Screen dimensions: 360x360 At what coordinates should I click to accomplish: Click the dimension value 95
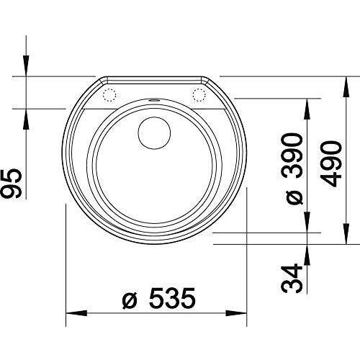(x=11, y=184)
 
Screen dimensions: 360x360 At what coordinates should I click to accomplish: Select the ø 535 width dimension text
(x=158, y=298)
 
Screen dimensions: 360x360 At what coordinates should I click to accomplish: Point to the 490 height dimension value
(x=330, y=163)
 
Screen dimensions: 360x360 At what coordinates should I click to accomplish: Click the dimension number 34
(x=292, y=279)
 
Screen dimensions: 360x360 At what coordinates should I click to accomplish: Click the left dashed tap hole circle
(x=109, y=95)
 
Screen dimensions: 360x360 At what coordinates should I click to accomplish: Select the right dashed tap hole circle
(x=199, y=95)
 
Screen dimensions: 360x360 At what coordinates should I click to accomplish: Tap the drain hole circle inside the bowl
(x=154, y=133)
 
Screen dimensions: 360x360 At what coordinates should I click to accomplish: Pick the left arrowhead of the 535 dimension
(x=76, y=313)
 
